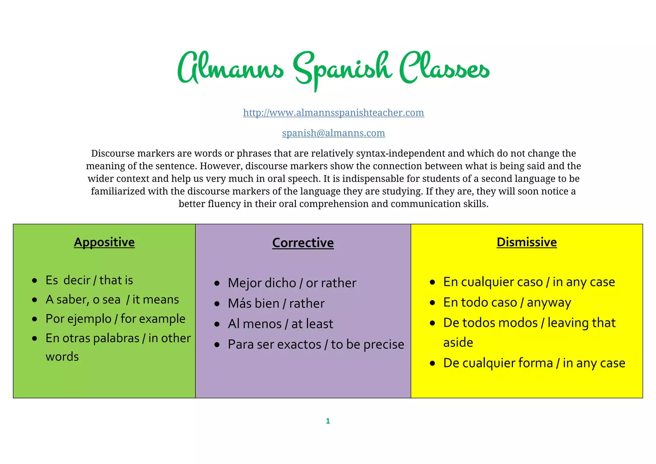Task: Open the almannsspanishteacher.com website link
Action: pyautogui.click(x=333, y=112)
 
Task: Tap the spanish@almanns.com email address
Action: pyautogui.click(x=333, y=133)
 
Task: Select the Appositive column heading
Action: pyautogui.click(x=104, y=242)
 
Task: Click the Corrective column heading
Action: pyautogui.click(x=303, y=243)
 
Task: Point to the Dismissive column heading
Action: pyautogui.click(x=527, y=242)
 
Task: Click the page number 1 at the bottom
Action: pyautogui.click(x=328, y=421)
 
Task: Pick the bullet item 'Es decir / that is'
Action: pyautogui.click(x=89, y=280)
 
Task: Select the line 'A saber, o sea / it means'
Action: pyautogui.click(x=112, y=299)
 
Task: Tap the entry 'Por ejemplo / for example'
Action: pyautogui.click(x=115, y=319)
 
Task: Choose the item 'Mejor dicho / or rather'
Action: pyautogui.click(x=292, y=283)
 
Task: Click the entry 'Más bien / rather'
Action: pyautogui.click(x=276, y=303)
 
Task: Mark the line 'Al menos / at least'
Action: pyautogui.click(x=280, y=324)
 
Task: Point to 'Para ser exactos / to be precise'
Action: pyautogui.click(x=316, y=344)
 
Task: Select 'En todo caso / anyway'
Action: pyautogui.click(x=507, y=302)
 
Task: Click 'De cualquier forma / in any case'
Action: pyautogui.click(x=534, y=363)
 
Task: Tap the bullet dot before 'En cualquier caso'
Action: pyautogui.click(x=432, y=282)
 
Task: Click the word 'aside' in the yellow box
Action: pyautogui.click(x=458, y=343)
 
